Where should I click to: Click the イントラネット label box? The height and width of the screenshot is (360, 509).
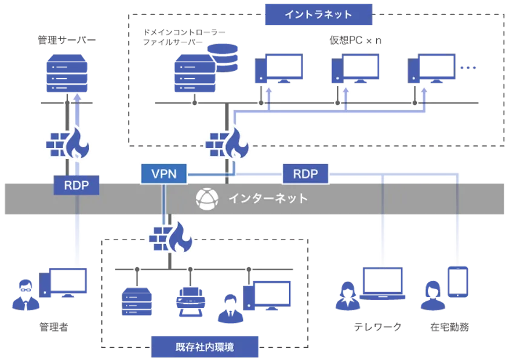coord(318,14)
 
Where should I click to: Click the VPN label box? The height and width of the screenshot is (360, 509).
coord(163,175)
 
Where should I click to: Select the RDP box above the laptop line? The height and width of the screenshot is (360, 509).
coord(305,175)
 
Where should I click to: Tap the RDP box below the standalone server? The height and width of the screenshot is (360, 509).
coord(77,185)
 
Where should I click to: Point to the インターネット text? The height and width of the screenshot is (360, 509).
coord(267,198)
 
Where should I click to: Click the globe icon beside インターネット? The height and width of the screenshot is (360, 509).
coord(206,198)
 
